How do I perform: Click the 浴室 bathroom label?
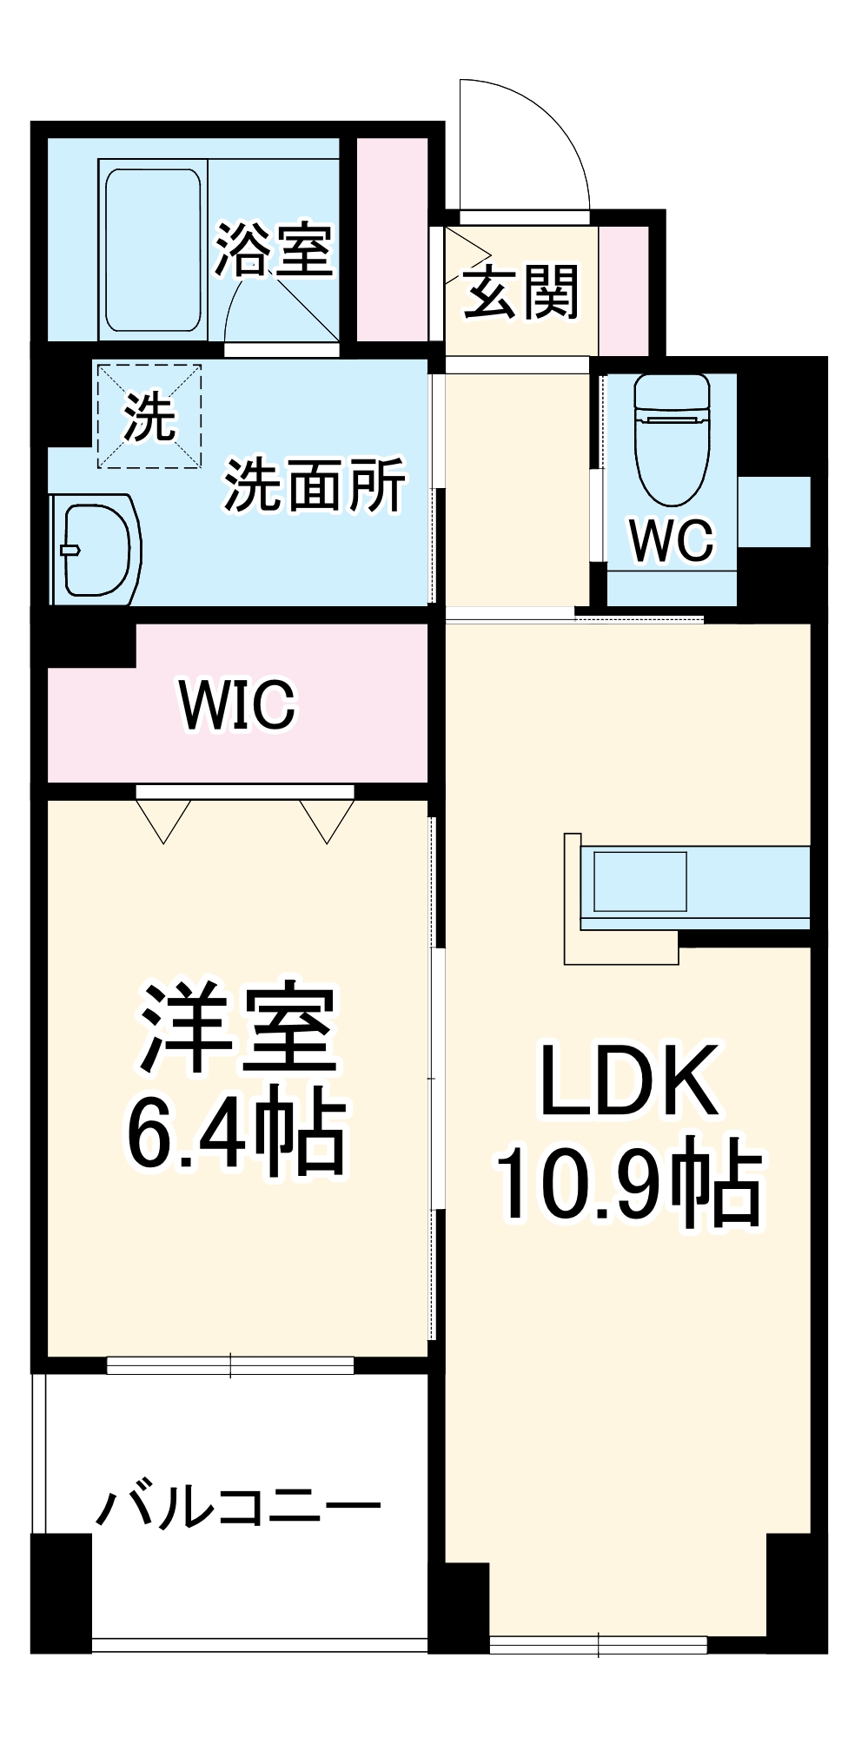tap(274, 251)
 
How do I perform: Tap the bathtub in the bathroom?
tap(154, 250)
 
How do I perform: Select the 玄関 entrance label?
tap(520, 292)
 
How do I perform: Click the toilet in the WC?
tap(672, 439)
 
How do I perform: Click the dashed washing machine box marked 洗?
tap(149, 417)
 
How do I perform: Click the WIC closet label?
tap(237, 704)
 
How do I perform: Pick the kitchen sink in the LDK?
tap(640, 881)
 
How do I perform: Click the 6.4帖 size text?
tap(237, 1132)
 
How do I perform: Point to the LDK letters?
tap(629, 1080)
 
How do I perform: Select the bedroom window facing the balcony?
tap(230, 1365)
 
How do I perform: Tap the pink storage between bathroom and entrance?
tap(392, 239)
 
